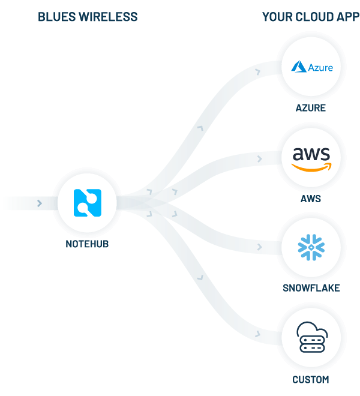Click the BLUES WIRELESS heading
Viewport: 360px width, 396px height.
(x=88, y=17)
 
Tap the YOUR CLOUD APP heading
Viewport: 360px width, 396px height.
(x=311, y=17)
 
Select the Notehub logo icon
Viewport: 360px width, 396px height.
(x=88, y=203)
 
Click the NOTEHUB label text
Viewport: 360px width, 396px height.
(x=88, y=244)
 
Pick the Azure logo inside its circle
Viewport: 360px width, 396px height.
(x=311, y=67)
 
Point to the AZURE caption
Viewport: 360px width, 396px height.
(x=311, y=108)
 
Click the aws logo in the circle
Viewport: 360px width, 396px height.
(x=311, y=158)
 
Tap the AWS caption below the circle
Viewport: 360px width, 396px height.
(x=311, y=199)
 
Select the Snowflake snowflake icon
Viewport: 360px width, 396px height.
(x=311, y=248)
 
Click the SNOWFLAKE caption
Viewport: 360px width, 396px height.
(x=311, y=288)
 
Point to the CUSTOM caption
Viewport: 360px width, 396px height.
(x=311, y=379)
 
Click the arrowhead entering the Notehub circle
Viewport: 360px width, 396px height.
(x=39, y=203)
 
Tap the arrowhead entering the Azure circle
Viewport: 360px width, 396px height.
(x=258, y=71)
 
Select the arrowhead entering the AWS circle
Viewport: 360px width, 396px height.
(x=259, y=160)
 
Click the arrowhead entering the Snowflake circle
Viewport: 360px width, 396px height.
(x=259, y=245)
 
